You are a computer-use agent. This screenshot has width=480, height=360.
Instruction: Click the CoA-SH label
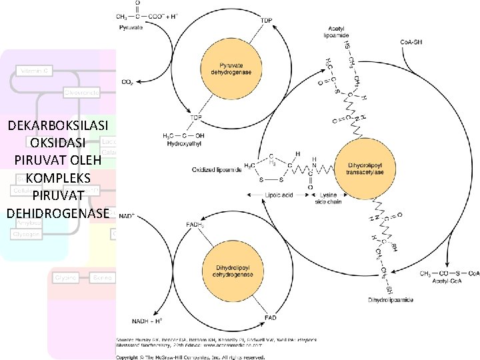point(411,43)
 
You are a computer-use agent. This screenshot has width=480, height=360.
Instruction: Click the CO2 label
point(127,82)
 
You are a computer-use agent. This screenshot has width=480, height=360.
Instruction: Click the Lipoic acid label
point(278,195)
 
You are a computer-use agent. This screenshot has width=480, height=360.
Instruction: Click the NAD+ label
point(127,216)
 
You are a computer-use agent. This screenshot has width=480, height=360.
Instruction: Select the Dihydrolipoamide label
point(391,300)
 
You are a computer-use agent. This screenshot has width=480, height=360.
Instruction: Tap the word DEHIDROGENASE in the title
point(57,213)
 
